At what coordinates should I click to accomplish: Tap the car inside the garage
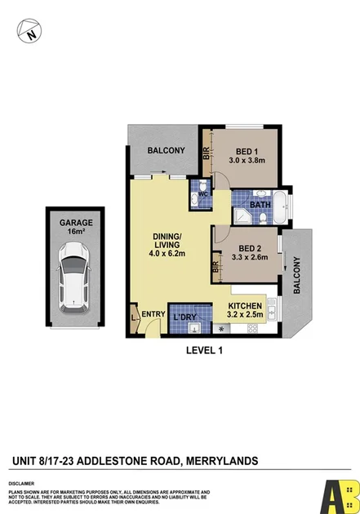pos(74,280)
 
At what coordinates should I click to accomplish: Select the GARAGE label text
pos(75,223)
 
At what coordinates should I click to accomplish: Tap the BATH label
pos(260,205)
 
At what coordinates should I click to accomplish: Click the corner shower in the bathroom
pos(242,216)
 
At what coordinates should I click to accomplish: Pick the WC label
pos(202,194)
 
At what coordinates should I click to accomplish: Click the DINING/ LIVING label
pos(169,243)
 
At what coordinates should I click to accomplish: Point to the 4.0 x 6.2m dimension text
pos(169,254)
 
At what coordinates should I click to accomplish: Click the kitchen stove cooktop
pos(254,328)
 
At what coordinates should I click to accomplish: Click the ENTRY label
pos(153,314)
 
